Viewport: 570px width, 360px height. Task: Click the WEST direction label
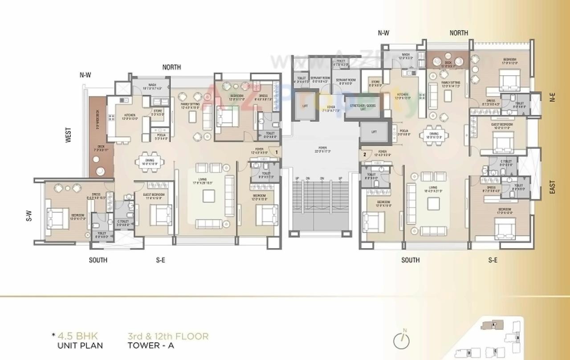69,135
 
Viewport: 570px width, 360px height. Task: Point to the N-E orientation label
552,98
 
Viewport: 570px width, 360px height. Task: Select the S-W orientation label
28,216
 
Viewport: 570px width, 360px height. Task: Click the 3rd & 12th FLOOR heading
168,336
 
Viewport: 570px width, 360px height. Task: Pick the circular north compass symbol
402,340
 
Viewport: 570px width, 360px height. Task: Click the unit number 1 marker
277,152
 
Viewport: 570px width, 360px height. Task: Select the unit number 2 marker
364,155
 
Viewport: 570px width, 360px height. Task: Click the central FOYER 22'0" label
322,150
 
